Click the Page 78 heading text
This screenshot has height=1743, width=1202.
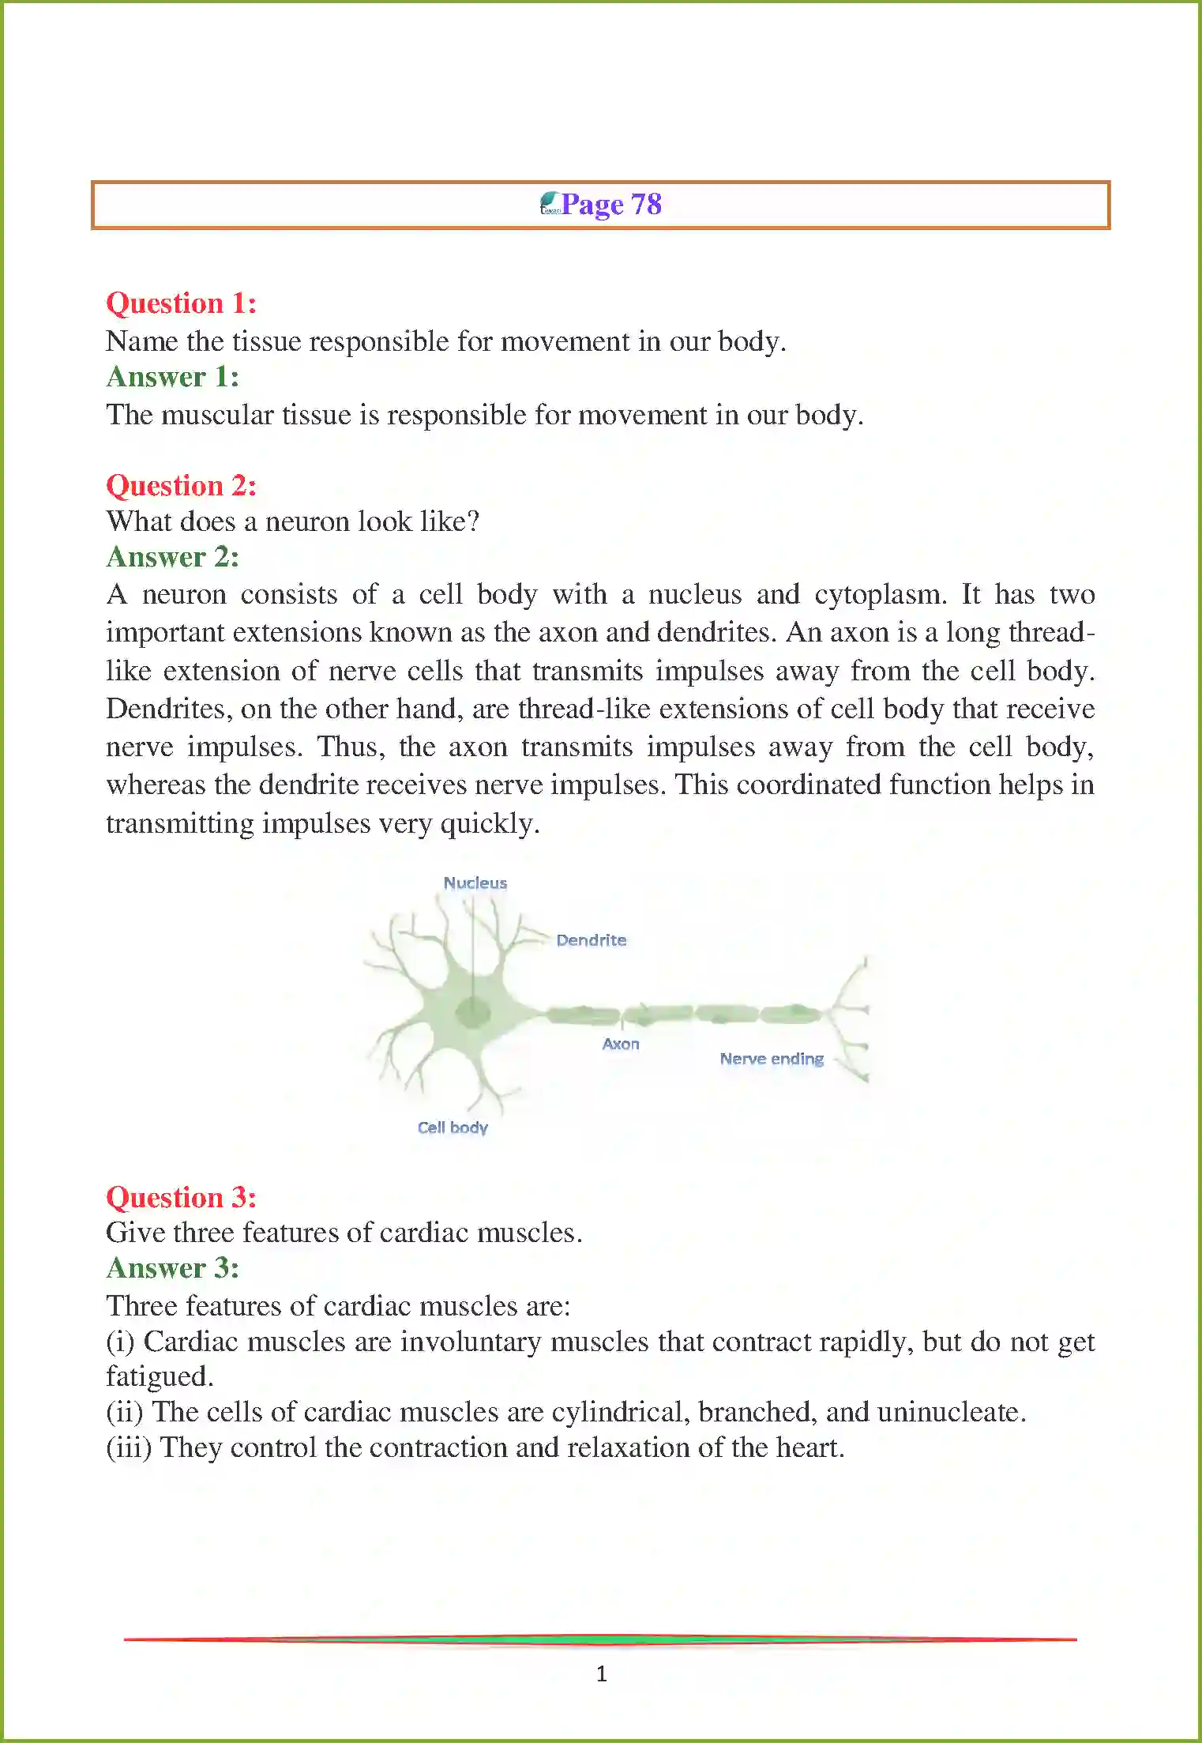pyautogui.click(x=611, y=205)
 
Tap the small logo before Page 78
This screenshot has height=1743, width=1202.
pyautogui.click(x=550, y=204)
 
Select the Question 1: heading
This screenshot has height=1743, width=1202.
pyautogui.click(x=181, y=303)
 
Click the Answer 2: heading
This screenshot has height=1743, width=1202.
pyautogui.click(x=172, y=557)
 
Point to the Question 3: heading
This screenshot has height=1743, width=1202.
pyautogui.click(x=181, y=1198)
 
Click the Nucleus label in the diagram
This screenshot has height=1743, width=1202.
pyautogui.click(x=475, y=883)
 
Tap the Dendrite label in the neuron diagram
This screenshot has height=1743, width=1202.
pyautogui.click(x=591, y=940)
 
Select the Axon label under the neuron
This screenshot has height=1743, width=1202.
pyautogui.click(x=621, y=1045)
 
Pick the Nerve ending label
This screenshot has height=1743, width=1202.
pyautogui.click(x=772, y=1059)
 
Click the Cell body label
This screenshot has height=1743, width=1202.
pyautogui.click(x=453, y=1127)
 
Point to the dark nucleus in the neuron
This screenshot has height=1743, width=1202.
pyautogui.click(x=472, y=1011)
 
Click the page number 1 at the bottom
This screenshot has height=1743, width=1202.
pyautogui.click(x=602, y=1673)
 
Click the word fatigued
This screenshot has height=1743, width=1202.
pyautogui.click(x=160, y=1377)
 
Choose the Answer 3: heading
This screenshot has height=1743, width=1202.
pyautogui.click(x=172, y=1268)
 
